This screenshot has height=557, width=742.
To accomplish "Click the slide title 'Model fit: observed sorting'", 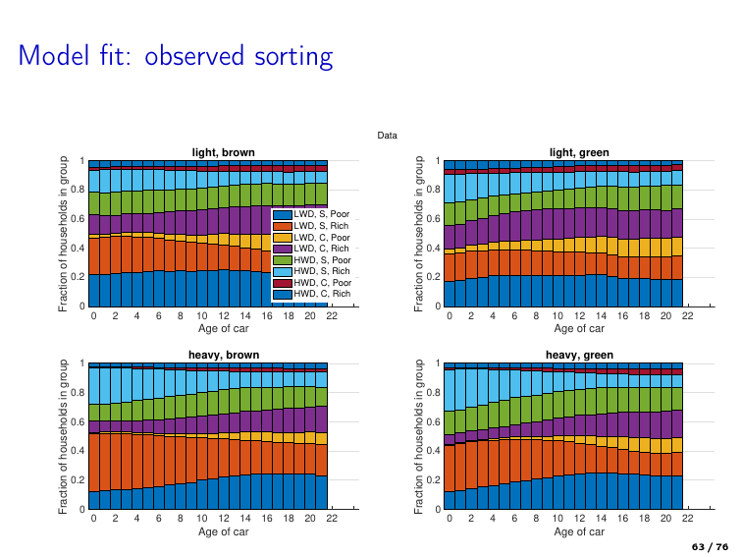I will coord(176,56).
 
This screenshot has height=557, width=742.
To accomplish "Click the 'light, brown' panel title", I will coord(223,152).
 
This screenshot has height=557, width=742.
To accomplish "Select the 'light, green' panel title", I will coord(579,152).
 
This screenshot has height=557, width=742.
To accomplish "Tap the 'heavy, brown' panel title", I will coord(223,355).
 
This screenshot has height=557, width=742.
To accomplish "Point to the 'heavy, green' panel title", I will coord(579,355).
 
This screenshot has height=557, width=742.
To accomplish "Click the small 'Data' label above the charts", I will coord(388,135).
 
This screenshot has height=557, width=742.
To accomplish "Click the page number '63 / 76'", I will coord(711,546).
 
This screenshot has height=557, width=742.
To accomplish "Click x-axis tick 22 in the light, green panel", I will coord(687,316).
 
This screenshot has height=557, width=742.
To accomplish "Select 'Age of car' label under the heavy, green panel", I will coord(579,531).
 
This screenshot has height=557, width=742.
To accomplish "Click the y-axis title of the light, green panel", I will coord(419,233).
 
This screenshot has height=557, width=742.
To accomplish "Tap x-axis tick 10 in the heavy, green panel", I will coord(556,519).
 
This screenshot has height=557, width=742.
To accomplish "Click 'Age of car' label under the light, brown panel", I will coord(223,328).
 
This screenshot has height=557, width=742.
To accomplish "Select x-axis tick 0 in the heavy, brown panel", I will coord(93,519).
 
